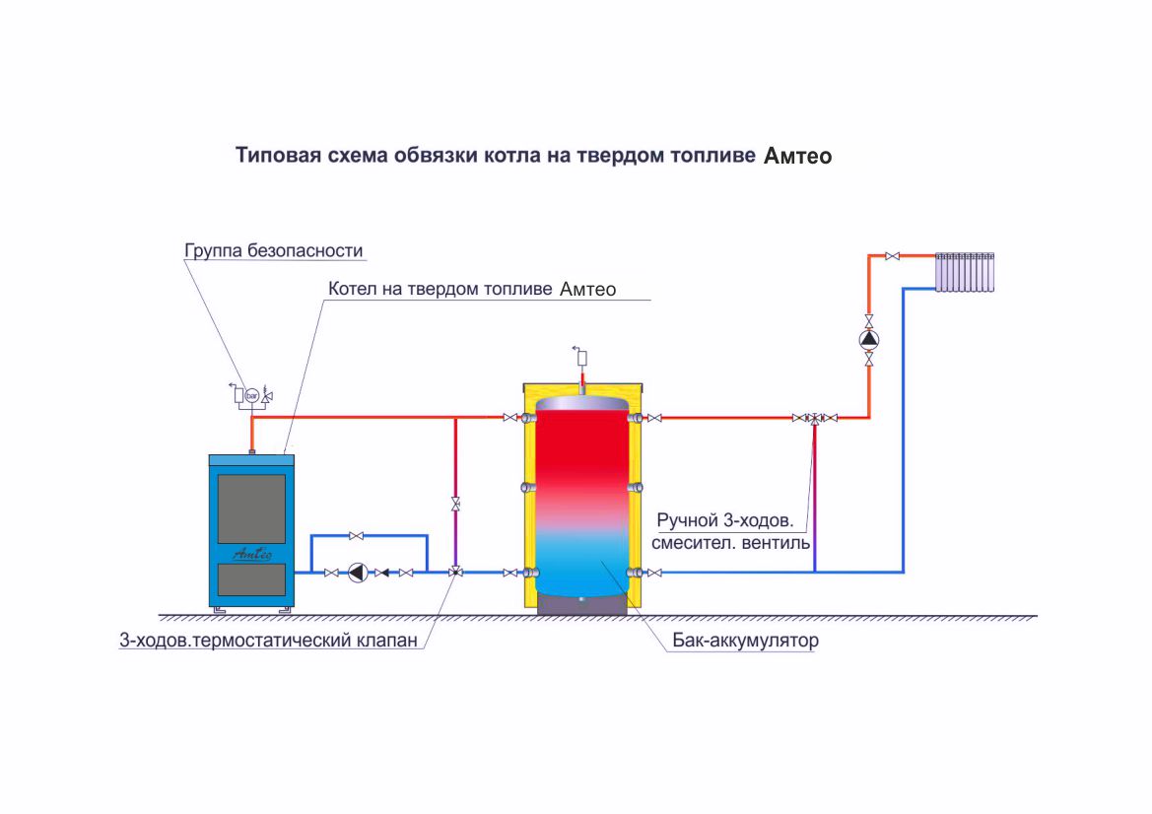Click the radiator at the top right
[x=965, y=273]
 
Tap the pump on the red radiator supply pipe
[x=869, y=339]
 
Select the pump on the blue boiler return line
[x=358, y=573]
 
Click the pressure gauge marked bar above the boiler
[x=252, y=395]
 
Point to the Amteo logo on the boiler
[x=252, y=554]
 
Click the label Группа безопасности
[x=273, y=250]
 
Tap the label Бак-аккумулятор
[x=745, y=641]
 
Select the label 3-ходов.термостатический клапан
[x=268, y=641]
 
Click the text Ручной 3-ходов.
[x=725, y=521]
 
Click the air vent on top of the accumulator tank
[x=581, y=358]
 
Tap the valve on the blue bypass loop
[x=357, y=536]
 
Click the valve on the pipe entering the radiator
[x=893, y=256]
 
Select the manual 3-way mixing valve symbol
[x=815, y=418]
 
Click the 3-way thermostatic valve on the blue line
[x=455, y=572]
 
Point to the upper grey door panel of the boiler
[x=252, y=509]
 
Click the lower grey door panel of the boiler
[x=252, y=579]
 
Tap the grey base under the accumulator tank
[x=581, y=604]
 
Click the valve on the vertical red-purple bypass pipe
[x=455, y=505]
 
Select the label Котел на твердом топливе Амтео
[x=472, y=290]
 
